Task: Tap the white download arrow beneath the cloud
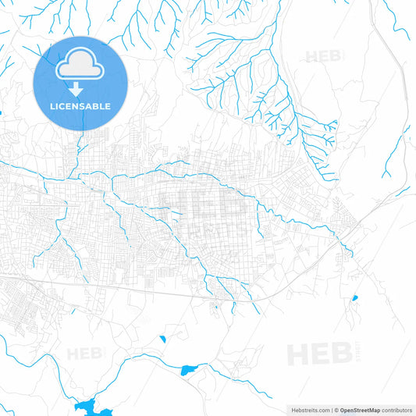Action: tap(80, 89)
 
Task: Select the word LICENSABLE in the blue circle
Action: tap(80, 105)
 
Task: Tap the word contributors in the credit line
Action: tap(396, 409)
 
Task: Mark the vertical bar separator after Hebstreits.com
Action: tap(329, 409)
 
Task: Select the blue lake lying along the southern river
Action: tap(190, 369)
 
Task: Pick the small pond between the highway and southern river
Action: tap(162, 339)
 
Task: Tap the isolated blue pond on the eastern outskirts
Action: tap(354, 298)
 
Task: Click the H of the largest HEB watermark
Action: tap(300, 354)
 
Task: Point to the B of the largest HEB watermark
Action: tap(341, 354)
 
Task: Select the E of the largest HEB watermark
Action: tap(321, 354)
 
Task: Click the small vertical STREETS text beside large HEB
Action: tap(355, 354)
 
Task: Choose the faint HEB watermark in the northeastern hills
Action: tap(322, 56)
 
